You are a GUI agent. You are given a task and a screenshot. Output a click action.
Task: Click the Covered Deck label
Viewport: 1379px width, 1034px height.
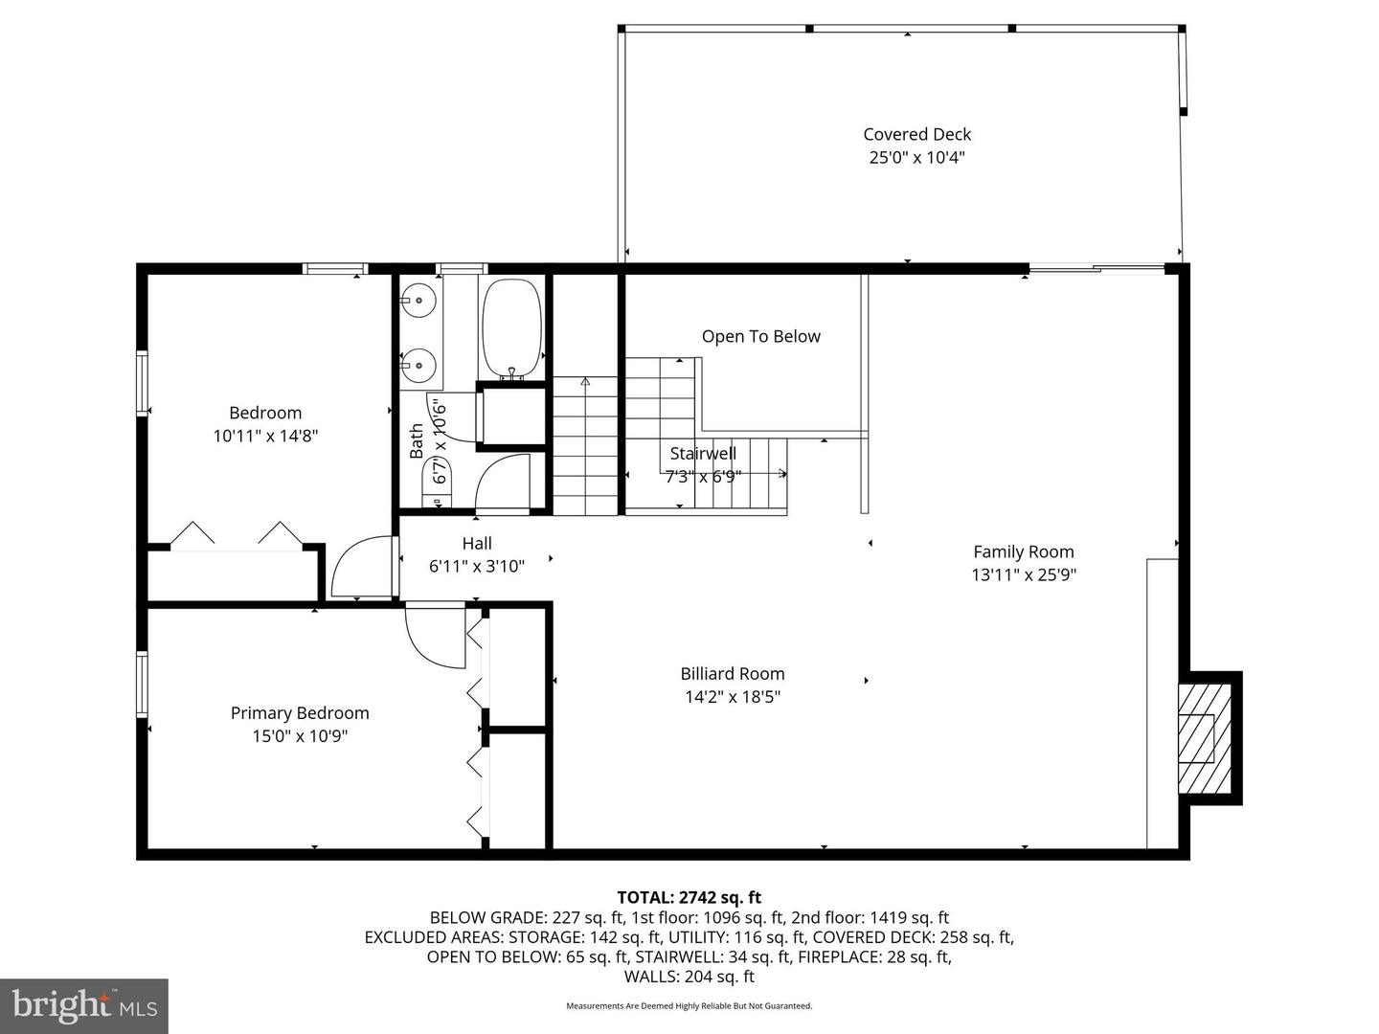(x=916, y=135)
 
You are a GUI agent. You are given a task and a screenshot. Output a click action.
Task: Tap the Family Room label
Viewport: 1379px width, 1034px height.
(x=1023, y=551)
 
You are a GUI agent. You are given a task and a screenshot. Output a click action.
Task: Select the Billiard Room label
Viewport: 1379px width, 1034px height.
(x=733, y=674)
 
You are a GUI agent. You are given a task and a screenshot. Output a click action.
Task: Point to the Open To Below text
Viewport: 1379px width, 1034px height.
(x=760, y=336)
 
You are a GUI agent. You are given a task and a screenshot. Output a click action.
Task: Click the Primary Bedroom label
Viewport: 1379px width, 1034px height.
(x=300, y=713)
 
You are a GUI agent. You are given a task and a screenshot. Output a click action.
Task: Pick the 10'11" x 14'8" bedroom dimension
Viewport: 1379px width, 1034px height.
(x=265, y=437)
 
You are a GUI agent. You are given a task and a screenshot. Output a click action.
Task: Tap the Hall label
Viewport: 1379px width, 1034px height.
(x=477, y=544)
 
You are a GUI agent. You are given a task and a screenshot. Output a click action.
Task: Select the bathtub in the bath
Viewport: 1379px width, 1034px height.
(x=511, y=327)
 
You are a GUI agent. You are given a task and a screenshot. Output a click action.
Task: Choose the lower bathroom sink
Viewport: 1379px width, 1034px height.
(x=418, y=364)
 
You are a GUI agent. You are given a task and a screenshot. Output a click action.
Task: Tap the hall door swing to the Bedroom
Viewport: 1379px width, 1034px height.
(x=362, y=570)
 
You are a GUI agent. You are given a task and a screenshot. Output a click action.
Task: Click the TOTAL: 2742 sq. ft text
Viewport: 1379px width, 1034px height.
(x=689, y=897)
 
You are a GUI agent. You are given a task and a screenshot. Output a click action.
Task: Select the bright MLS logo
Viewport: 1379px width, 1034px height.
(x=84, y=1005)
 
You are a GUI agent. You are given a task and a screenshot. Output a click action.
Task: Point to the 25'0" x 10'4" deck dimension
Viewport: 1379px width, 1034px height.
(x=916, y=158)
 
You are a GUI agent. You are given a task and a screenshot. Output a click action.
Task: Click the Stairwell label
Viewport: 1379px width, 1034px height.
(x=703, y=454)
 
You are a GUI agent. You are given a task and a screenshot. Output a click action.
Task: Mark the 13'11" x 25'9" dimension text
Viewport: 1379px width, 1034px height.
(x=1023, y=574)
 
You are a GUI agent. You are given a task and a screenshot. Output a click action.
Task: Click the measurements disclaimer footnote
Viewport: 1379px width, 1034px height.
(x=689, y=1006)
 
